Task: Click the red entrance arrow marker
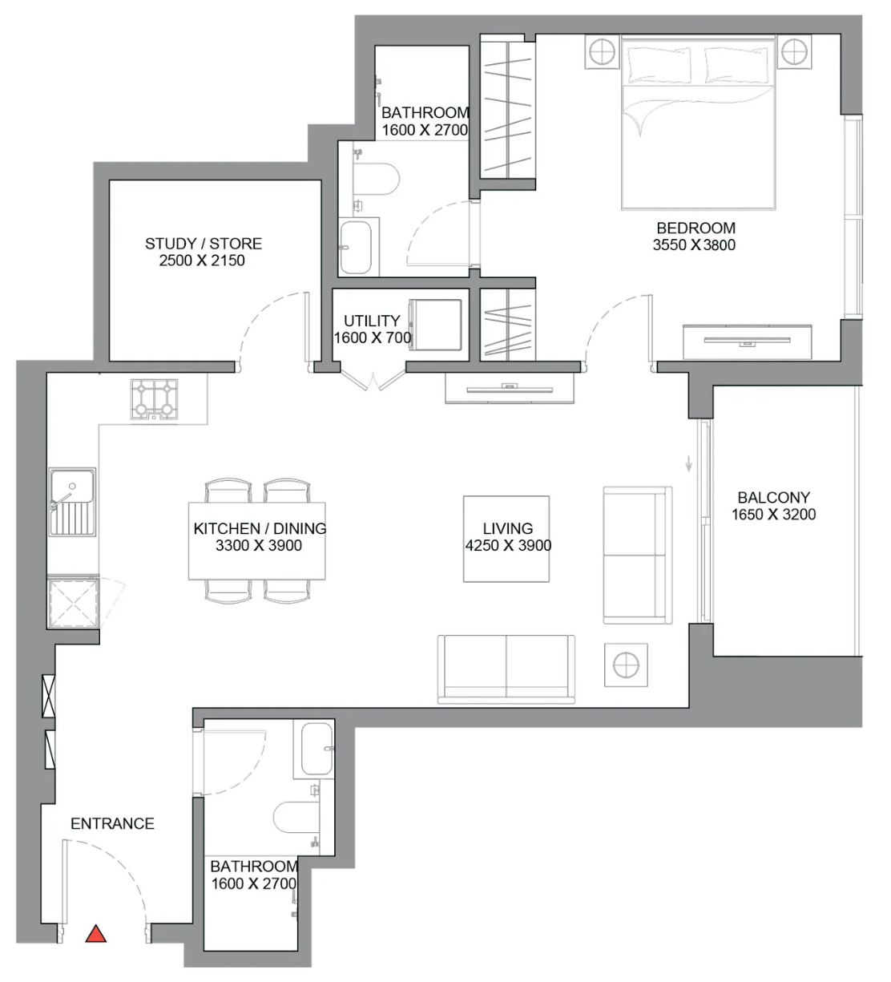(x=96, y=934)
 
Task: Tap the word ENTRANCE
(x=112, y=824)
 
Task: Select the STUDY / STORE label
(x=203, y=244)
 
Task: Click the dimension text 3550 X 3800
(x=694, y=244)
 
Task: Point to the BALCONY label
(x=773, y=497)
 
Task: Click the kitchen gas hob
(x=154, y=399)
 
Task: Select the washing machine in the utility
(x=435, y=325)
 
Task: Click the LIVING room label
(x=508, y=528)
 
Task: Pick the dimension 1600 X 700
(x=373, y=337)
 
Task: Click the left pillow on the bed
(x=659, y=65)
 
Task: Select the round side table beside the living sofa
(x=626, y=665)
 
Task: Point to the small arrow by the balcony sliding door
(x=689, y=463)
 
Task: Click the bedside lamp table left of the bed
(x=602, y=51)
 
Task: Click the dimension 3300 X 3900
(x=258, y=545)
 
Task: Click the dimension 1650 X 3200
(x=773, y=515)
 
